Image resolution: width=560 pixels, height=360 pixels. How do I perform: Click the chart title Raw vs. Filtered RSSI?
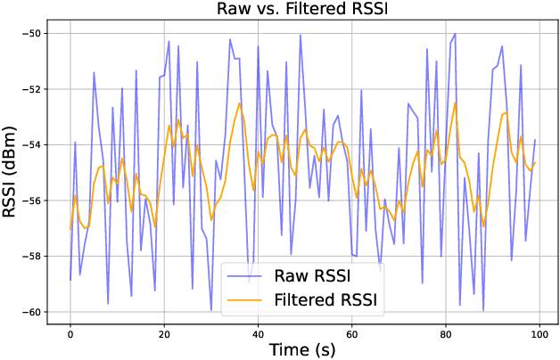[x=302, y=9]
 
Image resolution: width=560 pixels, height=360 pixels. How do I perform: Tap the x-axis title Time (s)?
[x=302, y=349]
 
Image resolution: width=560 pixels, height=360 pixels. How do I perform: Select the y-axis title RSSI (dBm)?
[x=9, y=172]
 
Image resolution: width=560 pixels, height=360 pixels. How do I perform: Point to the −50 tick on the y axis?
[x=32, y=34]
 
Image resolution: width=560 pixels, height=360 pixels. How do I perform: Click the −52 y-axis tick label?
[x=32, y=89]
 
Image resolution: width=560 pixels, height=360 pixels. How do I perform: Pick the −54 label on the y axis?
[x=32, y=145]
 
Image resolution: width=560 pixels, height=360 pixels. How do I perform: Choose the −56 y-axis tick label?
[x=32, y=200]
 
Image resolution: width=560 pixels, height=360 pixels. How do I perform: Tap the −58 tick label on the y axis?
[x=32, y=256]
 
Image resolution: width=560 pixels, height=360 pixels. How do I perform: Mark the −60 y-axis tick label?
[x=32, y=312]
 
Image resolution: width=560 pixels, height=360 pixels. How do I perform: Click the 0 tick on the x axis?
[x=70, y=335]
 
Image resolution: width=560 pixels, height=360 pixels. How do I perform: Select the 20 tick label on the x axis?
[x=164, y=335]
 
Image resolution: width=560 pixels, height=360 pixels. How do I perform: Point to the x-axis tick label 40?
[x=258, y=335]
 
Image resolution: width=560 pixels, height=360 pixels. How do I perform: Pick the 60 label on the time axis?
[x=352, y=335]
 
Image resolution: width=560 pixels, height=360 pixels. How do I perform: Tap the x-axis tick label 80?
[x=446, y=335]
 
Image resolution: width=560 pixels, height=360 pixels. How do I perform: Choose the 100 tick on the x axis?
[x=539, y=335]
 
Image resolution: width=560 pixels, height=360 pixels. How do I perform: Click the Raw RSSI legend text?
[x=312, y=276]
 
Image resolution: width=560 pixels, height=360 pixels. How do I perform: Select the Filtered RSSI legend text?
[x=325, y=299]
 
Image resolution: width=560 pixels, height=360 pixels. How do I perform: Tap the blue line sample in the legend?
[x=244, y=276]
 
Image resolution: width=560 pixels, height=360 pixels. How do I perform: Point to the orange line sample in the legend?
[x=244, y=300]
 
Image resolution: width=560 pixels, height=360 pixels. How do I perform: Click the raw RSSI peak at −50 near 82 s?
[x=455, y=34]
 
